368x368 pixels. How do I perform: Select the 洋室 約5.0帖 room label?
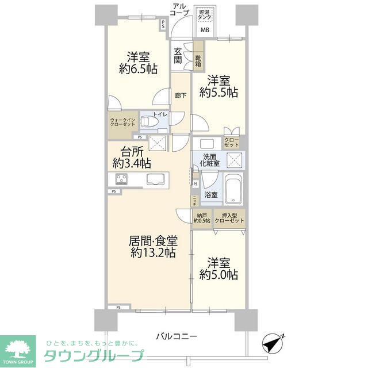[x=218, y=269]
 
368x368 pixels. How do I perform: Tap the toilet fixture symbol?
[x=149, y=122]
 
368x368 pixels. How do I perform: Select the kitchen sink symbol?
[x=156, y=179]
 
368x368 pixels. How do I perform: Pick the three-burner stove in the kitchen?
[x=122, y=179]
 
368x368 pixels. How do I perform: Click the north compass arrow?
[x=273, y=344]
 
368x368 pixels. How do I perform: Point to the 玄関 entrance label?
[x=178, y=56]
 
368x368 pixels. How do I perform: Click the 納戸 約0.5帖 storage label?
[x=201, y=218]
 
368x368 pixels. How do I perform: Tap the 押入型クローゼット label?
[x=229, y=218]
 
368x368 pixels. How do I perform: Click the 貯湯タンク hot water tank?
[x=205, y=14]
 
